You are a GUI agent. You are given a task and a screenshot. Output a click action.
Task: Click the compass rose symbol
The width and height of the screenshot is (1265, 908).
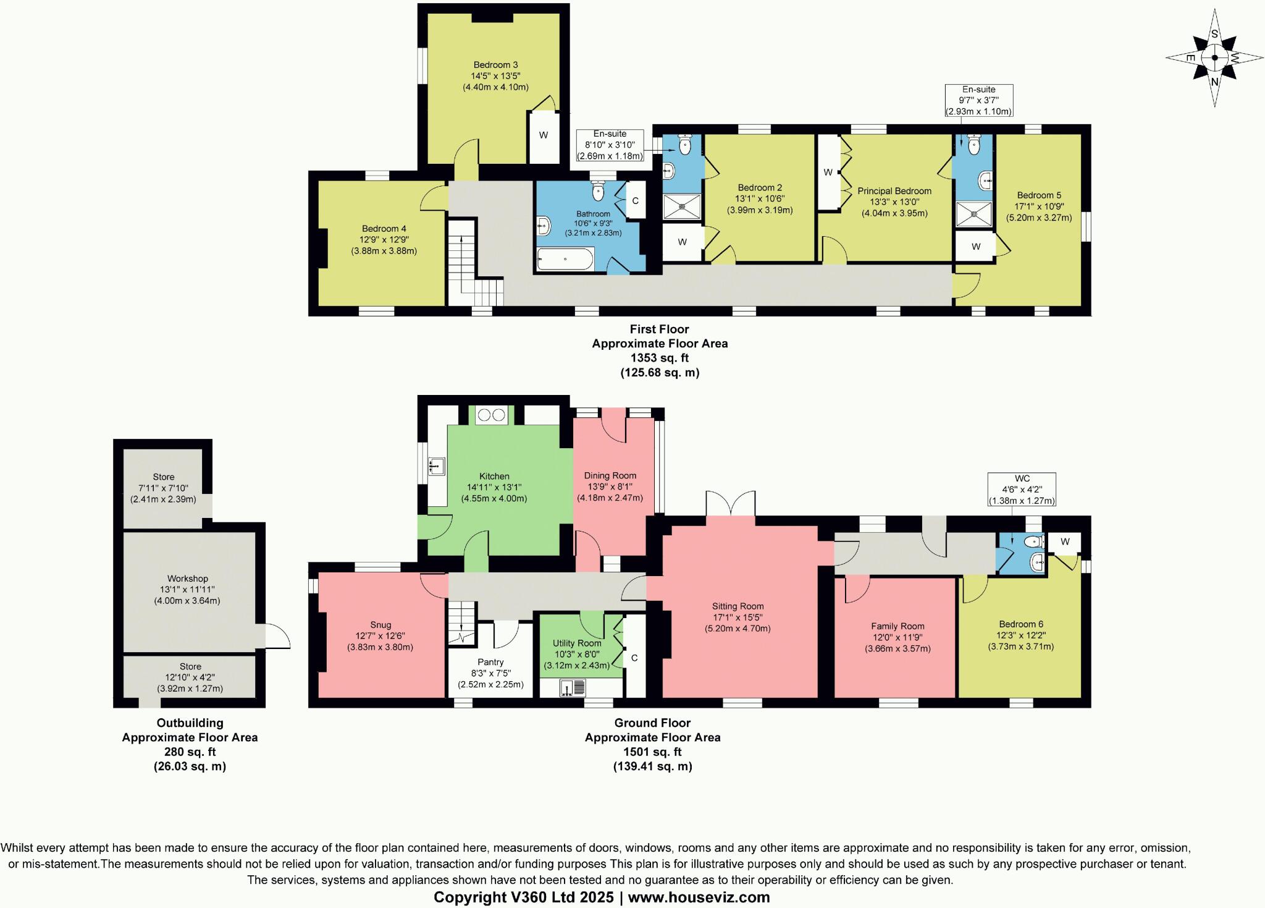(x=1214, y=58)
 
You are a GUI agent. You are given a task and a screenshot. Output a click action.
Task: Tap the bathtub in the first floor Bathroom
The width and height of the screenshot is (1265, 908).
(x=565, y=259)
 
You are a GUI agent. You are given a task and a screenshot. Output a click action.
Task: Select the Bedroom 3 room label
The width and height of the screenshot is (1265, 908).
(x=495, y=65)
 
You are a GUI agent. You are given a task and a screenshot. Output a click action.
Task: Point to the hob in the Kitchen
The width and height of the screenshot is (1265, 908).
(x=492, y=415)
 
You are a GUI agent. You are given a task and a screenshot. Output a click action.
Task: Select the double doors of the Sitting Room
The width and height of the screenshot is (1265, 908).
(x=731, y=504)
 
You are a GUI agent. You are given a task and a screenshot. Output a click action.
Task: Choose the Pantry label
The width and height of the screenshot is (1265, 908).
(x=490, y=662)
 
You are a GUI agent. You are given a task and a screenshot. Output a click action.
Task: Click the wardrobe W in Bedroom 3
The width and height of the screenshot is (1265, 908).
(x=544, y=135)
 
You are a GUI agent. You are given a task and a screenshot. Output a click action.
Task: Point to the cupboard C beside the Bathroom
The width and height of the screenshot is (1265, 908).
(x=635, y=201)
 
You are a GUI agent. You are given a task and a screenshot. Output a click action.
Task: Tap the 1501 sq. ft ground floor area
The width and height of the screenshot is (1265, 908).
(x=652, y=752)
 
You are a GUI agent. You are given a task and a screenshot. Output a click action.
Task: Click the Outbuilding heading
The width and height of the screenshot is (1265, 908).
(x=190, y=723)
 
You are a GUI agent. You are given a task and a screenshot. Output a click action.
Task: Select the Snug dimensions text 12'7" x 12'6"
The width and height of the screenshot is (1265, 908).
(x=380, y=636)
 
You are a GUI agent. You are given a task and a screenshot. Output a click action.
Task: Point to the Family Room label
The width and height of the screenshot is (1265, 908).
(x=897, y=626)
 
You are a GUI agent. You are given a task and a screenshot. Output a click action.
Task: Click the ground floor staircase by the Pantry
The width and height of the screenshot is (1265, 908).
(x=462, y=624)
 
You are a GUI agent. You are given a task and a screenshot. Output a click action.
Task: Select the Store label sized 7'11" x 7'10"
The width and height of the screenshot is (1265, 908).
(x=164, y=477)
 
